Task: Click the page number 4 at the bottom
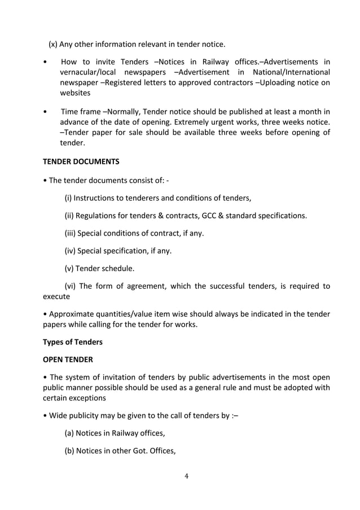pos(187,476)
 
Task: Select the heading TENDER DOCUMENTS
pos(81,162)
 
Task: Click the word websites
pos(75,93)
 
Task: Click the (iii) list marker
pos(70,233)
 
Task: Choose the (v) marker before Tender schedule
pos(69,268)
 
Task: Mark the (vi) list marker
pos(71,286)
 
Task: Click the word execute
pos(56,297)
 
